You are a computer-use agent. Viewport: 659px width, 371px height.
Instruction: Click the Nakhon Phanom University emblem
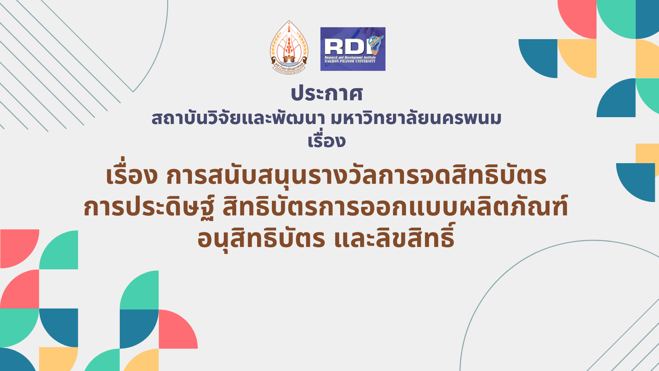point(289,47)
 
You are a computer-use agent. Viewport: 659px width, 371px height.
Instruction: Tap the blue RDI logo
point(353,49)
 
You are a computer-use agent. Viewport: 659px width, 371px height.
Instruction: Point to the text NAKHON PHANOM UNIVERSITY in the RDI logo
point(350,61)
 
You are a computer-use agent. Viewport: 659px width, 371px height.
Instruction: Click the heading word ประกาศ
point(327,93)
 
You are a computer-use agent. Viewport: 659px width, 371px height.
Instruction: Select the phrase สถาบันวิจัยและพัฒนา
point(238,118)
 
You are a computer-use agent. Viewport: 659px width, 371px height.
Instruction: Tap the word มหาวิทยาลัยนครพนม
point(416,118)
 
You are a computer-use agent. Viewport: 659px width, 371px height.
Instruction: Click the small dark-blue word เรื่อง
point(326,140)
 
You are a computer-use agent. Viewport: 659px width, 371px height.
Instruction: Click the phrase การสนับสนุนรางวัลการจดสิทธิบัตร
point(356,175)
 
